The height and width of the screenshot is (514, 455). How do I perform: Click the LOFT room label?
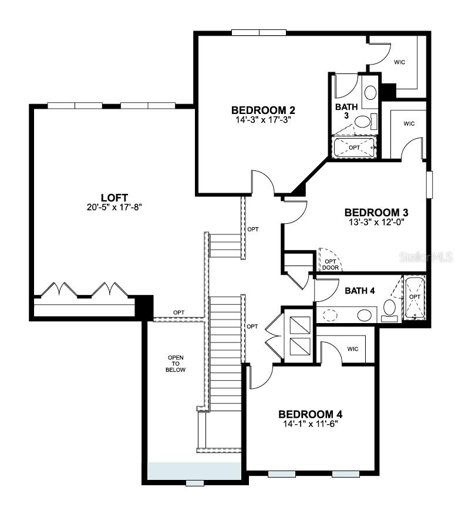114,197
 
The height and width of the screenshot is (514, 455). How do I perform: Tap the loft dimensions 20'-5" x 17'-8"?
114,207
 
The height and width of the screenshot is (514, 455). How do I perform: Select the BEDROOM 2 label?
262,110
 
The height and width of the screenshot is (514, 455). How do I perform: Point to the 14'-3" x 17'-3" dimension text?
262,119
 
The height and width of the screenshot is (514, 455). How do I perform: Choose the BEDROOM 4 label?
310,414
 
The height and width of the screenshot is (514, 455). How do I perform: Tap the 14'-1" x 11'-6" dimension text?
310,423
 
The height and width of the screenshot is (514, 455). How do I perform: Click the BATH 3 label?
345,112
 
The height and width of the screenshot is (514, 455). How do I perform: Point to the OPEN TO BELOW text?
176,364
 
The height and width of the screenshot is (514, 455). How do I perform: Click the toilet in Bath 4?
390,308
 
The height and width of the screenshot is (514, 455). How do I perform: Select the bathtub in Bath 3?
354,147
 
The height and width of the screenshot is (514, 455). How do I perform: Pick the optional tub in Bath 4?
414,298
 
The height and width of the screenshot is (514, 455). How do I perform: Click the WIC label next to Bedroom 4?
353,349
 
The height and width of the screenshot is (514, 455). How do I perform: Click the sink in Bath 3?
370,93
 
